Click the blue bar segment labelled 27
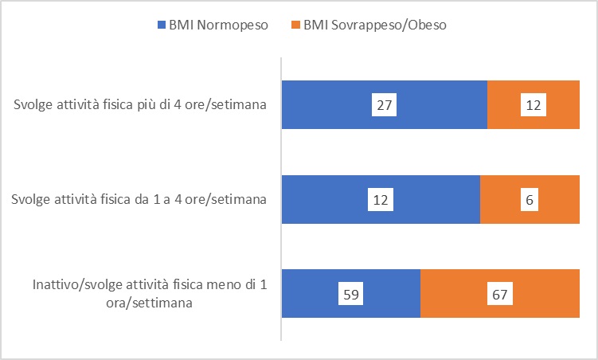coord(334,104)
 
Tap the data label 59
coord(351,294)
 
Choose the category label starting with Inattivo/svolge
coord(149,286)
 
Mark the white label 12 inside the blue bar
coord(381,199)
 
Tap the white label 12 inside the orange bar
coord(534,104)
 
